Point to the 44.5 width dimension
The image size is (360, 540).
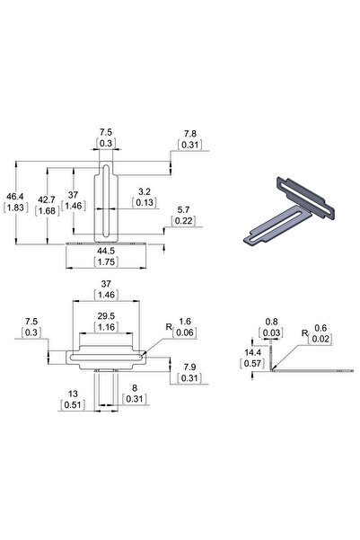pyautogui.click(x=108, y=251)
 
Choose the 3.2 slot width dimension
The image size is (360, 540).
pyautogui.click(x=143, y=190)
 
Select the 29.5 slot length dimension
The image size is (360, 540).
pyautogui.click(x=106, y=317)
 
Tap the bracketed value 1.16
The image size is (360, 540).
pyautogui.click(x=106, y=329)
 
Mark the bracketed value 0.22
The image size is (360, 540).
pyautogui.click(x=184, y=221)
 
